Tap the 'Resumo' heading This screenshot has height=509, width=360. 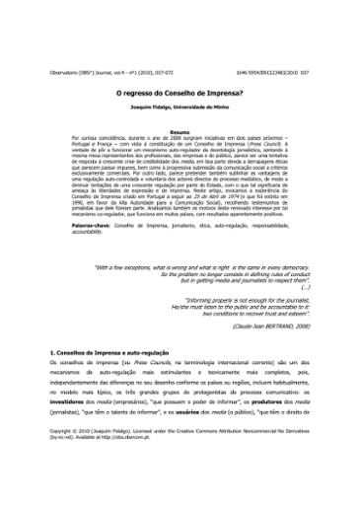180,129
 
